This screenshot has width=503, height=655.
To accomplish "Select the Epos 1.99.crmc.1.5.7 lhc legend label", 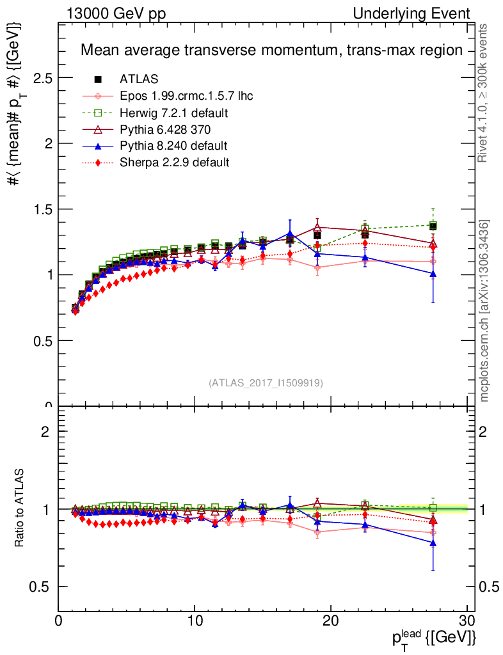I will (186, 97).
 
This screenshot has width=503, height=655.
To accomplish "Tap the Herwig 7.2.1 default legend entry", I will (174, 113).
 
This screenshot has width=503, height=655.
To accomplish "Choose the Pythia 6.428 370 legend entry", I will (165, 130).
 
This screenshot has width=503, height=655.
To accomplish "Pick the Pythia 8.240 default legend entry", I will (173, 146).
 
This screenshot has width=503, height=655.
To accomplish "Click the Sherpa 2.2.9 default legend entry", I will (174, 162).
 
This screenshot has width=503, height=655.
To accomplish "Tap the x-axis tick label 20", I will (331, 621).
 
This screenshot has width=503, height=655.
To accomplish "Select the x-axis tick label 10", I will (195, 621).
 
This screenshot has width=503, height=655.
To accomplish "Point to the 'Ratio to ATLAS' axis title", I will (21, 509).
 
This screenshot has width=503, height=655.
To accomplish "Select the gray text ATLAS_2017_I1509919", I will (266, 383).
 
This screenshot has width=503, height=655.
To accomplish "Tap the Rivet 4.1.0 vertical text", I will (484, 93).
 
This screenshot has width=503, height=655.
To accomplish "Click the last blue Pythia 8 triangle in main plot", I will (433, 274).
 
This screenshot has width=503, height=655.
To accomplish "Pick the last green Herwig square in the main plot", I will (433, 225).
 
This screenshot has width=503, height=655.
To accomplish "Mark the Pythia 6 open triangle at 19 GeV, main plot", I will (317, 227).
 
